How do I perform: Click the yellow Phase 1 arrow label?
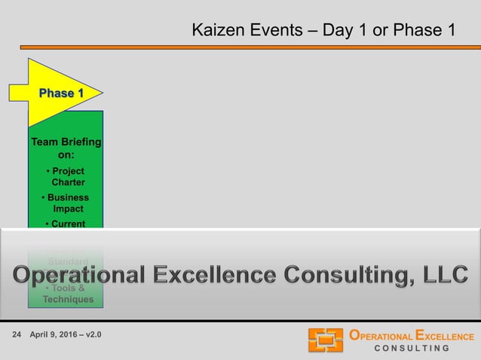[60, 93]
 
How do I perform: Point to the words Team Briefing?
[66, 142]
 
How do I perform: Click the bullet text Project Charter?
[66, 176]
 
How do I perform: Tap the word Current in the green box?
[66, 224]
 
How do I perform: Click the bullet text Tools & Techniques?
[67, 294]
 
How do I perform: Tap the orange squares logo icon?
[325, 340]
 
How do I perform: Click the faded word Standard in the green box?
[67, 261]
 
